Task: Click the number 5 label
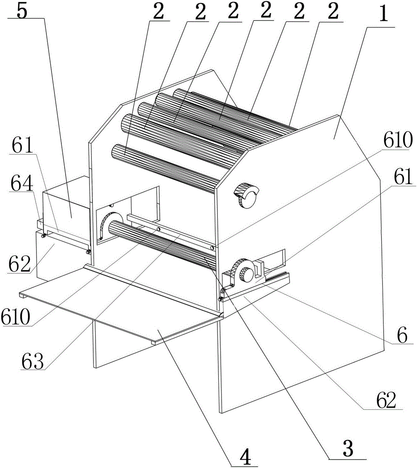[x=22, y=10]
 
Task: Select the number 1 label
[x=384, y=14]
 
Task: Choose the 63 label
[x=32, y=361]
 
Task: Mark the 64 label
[x=22, y=183]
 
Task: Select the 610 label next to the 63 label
[x=15, y=317]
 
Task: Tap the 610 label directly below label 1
[x=398, y=140]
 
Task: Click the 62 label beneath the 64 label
[x=19, y=263]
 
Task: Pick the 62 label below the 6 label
[x=386, y=400]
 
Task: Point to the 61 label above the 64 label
[x=22, y=146]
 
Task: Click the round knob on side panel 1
[x=247, y=196]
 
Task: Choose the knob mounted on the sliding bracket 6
[x=247, y=274]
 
